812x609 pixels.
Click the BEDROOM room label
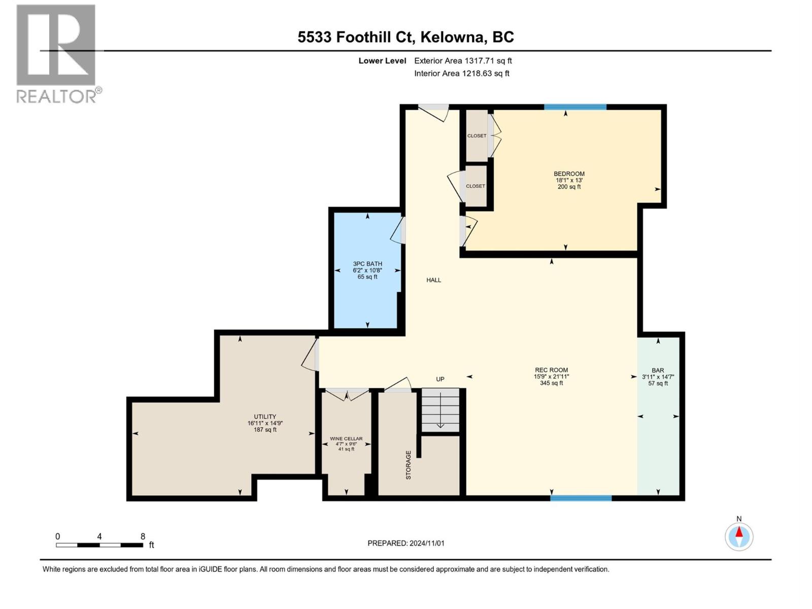tap(569, 174)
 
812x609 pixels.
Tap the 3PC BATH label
tap(367, 264)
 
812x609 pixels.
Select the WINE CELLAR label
tap(346, 439)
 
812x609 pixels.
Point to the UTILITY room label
tap(265, 417)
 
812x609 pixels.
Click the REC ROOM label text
tap(551, 370)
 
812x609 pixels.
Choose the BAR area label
tap(658, 371)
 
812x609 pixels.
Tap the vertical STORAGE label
tap(409, 465)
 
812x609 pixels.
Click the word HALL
tap(433, 280)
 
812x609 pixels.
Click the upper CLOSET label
tap(477, 136)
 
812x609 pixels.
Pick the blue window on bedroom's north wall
tap(575, 107)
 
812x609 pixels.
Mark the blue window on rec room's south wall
tap(581, 498)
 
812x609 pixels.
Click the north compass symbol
tap(739, 536)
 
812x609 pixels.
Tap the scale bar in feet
tap(99, 545)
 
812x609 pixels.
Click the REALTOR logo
tap(57, 53)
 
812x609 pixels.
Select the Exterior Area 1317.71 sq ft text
tap(463, 61)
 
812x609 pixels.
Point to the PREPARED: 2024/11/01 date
tap(406, 543)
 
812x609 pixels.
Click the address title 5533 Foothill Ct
tap(405, 37)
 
